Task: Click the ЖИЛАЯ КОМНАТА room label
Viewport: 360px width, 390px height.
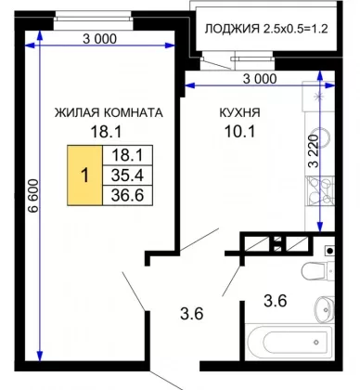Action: pyautogui.click(x=109, y=112)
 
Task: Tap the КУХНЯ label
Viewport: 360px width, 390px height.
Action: pyautogui.click(x=239, y=112)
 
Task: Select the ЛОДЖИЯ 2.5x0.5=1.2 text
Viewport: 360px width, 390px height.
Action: pyautogui.click(x=266, y=29)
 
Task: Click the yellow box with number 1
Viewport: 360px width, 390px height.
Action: pyautogui.click(x=84, y=175)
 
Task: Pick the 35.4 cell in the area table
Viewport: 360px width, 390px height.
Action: pyautogui.click(x=127, y=175)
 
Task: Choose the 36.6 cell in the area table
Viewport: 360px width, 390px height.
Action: pyautogui.click(x=127, y=195)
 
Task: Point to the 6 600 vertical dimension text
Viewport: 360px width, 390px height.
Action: pyautogui.click(x=33, y=196)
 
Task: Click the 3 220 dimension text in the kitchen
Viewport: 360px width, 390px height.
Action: pyautogui.click(x=314, y=151)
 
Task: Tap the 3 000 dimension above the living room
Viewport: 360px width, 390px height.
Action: pyautogui.click(x=99, y=39)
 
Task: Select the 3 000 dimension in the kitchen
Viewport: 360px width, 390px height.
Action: pyautogui.click(x=260, y=79)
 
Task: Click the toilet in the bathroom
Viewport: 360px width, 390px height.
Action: pyautogui.click(x=318, y=270)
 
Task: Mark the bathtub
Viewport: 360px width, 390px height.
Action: pyautogui.click(x=289, y=342)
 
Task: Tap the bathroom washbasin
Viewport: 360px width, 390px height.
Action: pyautogui.click(x=325, y=308)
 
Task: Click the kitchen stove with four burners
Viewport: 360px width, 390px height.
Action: pyautogui.click(x=320, y=191)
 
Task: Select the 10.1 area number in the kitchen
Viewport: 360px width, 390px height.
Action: pyautogui.click(x=240, y=132)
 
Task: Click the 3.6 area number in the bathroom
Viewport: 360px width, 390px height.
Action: pyautogui.click(x=276, y=301)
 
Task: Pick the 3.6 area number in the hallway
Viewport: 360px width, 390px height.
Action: pyautogui.click(x=192, y=314)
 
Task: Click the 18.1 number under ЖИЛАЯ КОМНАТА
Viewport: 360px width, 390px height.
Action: pyautogui.click(x=106, y=132)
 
